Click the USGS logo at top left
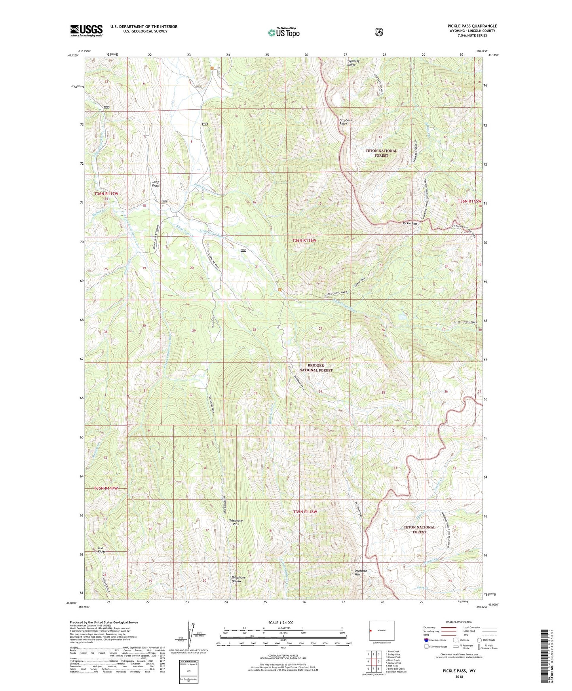click(x=86, y=30)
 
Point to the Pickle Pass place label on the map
click(x=410, y=223)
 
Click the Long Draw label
click(x=156, y=184)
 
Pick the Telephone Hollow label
click(x=238, y=579)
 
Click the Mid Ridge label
click(x=102, y=550)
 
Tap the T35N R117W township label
click(x=106, y=488)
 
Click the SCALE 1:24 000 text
click(x=281, y=623)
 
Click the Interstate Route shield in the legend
click(x=426, y=640)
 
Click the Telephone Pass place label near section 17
click(x=236, y=522)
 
